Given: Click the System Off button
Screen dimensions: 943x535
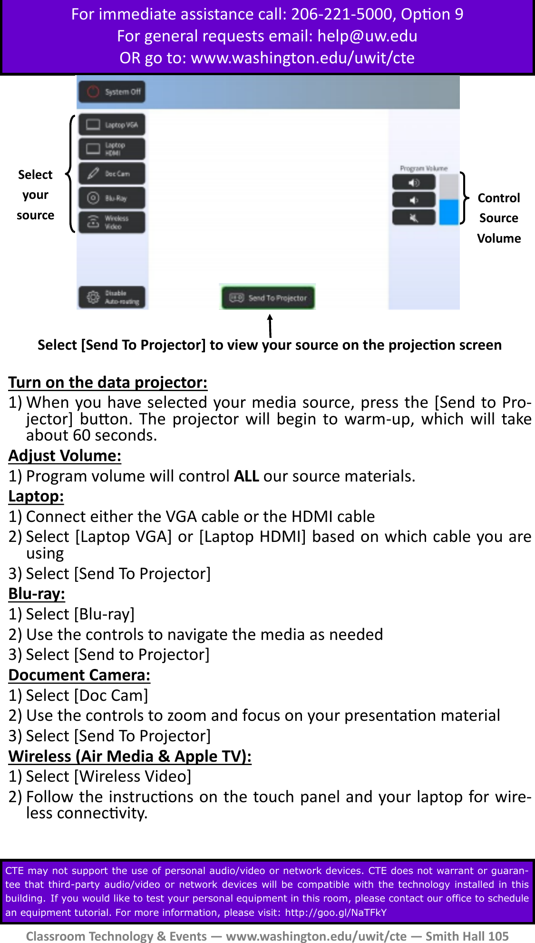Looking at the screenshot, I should pos(112,92).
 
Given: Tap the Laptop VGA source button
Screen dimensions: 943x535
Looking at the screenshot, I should pos(112,125).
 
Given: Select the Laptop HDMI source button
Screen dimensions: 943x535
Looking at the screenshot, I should pos(112,149).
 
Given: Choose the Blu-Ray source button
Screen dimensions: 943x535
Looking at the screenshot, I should pos(112,198).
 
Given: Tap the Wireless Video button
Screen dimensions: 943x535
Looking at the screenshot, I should pos(112,222).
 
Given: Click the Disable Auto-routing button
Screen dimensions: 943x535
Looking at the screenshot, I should pos(112,297).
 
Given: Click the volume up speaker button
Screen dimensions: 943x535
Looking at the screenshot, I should pos(414,182).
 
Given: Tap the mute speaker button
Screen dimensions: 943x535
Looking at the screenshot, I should pos(414,217).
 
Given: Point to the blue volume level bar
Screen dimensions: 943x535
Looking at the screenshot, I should pos(448,212).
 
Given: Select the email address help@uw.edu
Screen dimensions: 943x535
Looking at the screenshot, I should pos(367,36).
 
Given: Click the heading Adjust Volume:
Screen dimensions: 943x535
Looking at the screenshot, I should pos(65,456).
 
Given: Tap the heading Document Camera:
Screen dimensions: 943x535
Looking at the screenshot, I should pos(79,675).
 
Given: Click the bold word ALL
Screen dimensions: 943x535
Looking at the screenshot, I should pos(246,476).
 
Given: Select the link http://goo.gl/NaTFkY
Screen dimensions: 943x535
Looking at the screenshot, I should pos(336,913).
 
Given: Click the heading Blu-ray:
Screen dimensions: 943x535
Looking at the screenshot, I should pos(37,594).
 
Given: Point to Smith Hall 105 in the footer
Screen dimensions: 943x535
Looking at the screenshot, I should pos(467,936).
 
